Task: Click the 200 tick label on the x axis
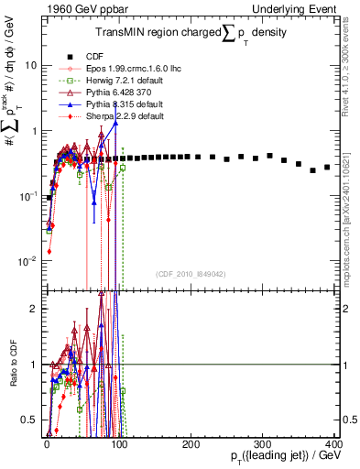point(190,444)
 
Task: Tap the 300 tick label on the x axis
point(262,444)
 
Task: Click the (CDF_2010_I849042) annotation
point(191,273)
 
